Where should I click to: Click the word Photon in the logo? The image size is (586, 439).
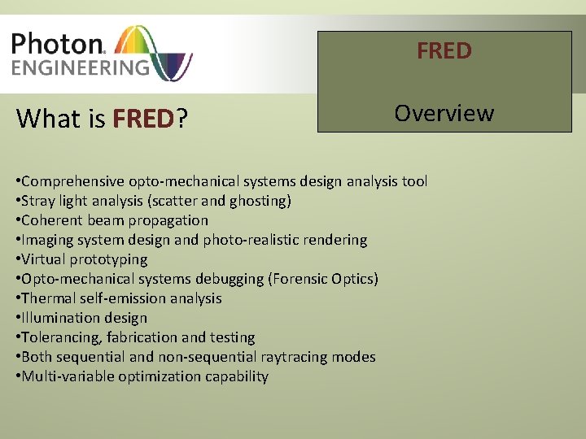[55, 44]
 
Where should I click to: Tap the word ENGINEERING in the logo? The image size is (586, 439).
[80, 67]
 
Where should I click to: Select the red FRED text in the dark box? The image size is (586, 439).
[444, 51]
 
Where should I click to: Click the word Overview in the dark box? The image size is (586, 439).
[444, 113]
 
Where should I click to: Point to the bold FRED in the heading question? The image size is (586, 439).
[143, 119]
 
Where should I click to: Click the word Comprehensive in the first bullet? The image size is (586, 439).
[73, 181]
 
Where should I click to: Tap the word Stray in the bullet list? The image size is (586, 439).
[38, 201]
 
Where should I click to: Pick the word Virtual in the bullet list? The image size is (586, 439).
[45, 259]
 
